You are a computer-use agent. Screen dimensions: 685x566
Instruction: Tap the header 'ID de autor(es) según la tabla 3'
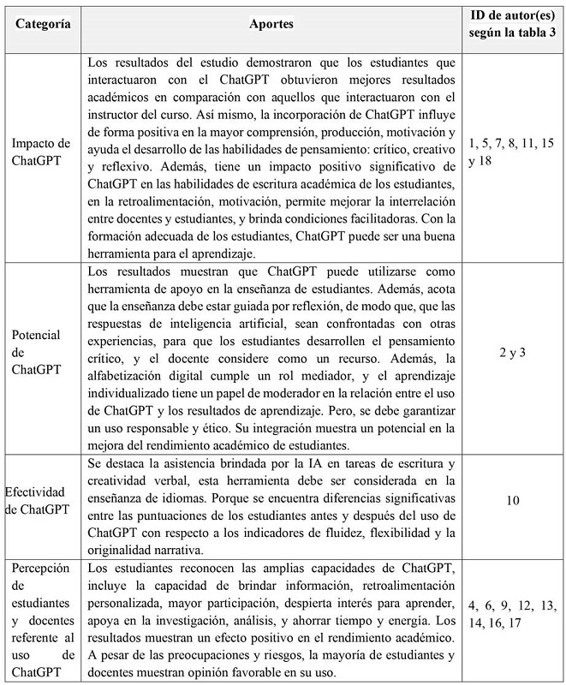(x=510, y=25)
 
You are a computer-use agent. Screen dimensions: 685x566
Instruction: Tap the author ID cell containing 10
(x=511, y=498)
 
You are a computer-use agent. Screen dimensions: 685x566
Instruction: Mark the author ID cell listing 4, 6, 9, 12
(x=510, y=611)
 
